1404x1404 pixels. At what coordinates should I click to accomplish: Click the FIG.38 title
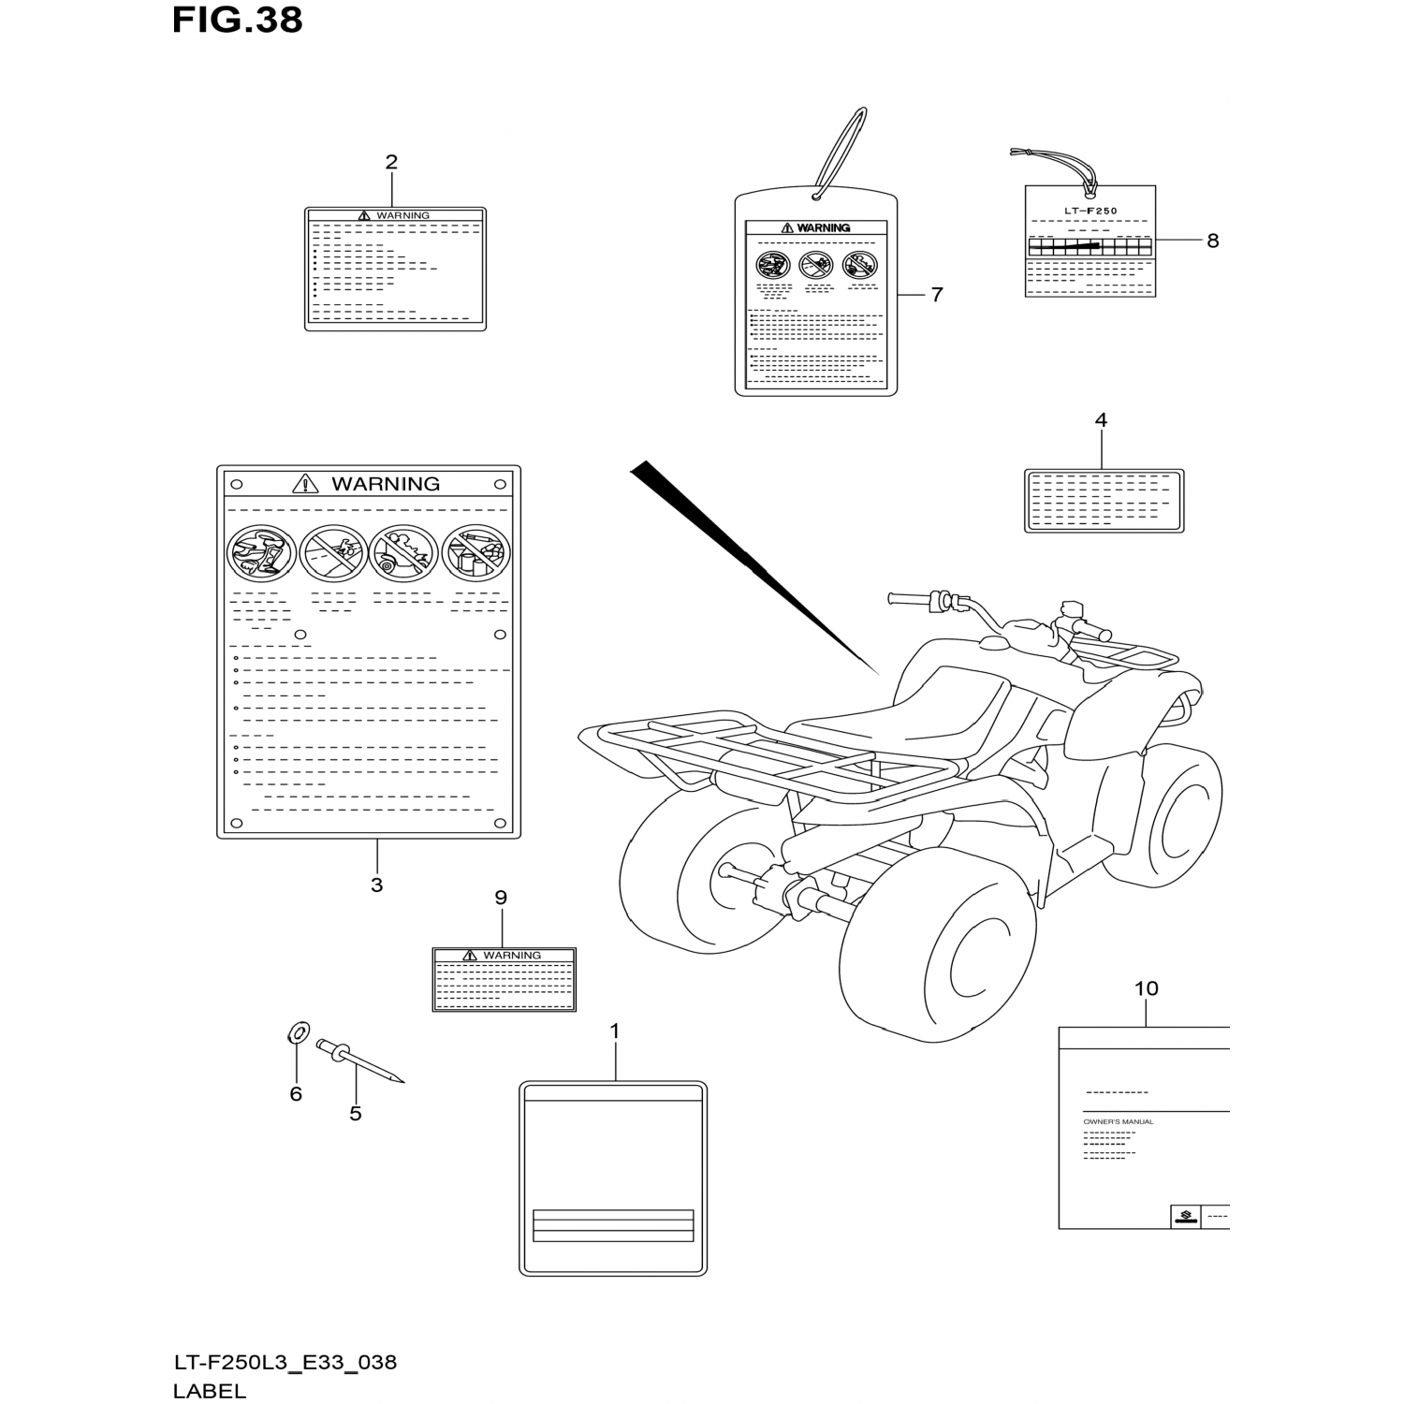point(237,21)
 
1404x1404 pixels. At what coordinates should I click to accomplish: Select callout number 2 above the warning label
point(391,162)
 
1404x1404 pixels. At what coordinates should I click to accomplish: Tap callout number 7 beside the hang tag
point(936,295)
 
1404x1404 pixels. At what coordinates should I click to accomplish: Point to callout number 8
point(1212,241)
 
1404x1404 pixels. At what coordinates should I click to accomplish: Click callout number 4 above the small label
point(1101,420)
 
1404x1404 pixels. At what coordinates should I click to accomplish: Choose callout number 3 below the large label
point(376,885)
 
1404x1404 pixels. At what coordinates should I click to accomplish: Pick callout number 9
point(501,899)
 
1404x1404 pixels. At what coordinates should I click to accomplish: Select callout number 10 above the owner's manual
point(1146,988)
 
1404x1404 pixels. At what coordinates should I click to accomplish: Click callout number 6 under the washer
point(296,1094)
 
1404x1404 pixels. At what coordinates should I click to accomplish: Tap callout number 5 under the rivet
point(356,1114)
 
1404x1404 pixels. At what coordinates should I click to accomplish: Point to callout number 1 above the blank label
point(615,1031)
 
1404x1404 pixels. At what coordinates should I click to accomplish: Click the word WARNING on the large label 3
point(385,484)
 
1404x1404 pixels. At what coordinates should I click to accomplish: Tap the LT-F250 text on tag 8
point(1090,212)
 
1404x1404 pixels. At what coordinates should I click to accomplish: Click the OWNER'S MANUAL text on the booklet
point(1118,1121)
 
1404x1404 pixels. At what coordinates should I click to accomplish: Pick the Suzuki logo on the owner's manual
point(1185,1217)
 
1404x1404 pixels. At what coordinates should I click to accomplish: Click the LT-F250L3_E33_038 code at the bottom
point(285,1362)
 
